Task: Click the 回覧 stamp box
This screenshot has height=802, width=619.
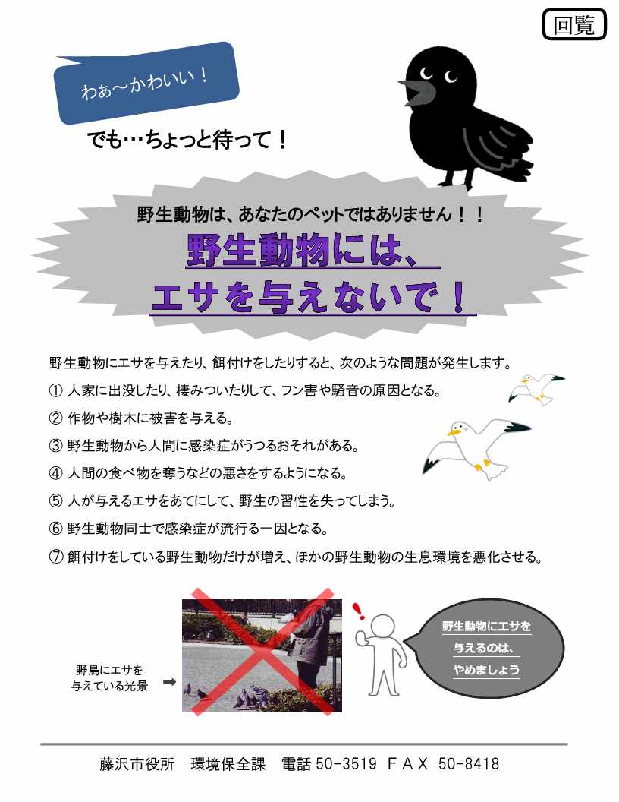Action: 574,24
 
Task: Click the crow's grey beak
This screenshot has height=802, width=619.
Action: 417,91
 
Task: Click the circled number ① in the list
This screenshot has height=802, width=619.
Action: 55,391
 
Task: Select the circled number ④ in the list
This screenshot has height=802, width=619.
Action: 55,473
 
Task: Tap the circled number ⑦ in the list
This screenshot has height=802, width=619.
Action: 55,556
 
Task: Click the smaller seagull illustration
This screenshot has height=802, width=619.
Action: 536,389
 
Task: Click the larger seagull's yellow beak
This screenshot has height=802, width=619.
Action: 453,433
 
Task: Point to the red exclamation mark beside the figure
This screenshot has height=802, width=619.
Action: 359,610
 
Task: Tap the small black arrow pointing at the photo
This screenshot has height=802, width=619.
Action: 170,682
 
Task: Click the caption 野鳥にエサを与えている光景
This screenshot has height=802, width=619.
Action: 109,677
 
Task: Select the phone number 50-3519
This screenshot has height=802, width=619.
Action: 346,763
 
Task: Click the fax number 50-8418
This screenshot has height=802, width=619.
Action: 468,763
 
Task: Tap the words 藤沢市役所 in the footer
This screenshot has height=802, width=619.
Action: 137,763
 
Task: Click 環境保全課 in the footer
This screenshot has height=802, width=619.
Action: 228,763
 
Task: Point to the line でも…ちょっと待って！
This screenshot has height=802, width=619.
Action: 188,140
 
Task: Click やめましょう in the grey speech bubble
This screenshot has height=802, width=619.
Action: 486,670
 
